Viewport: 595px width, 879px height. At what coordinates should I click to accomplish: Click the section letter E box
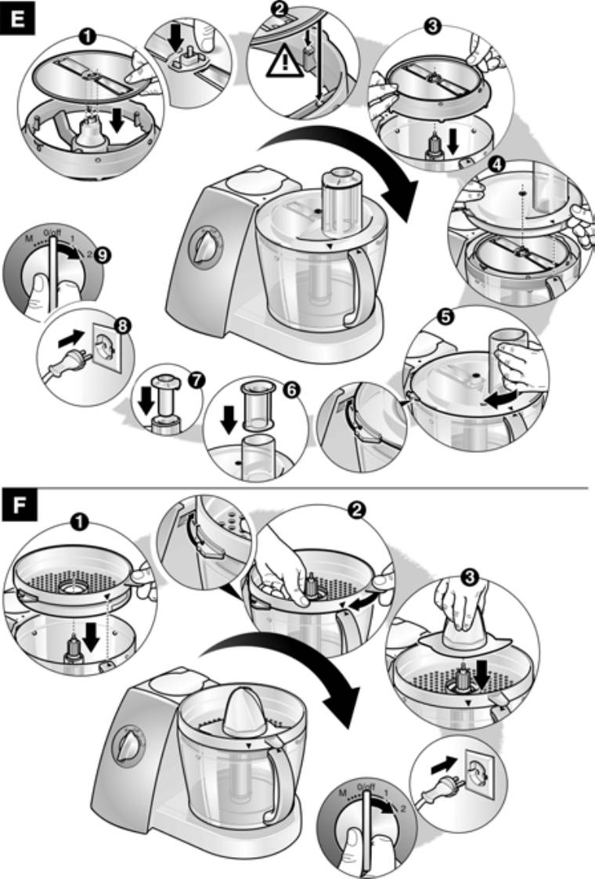tap(19, 19)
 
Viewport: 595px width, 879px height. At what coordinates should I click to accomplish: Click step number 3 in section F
tap(470, 577)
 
